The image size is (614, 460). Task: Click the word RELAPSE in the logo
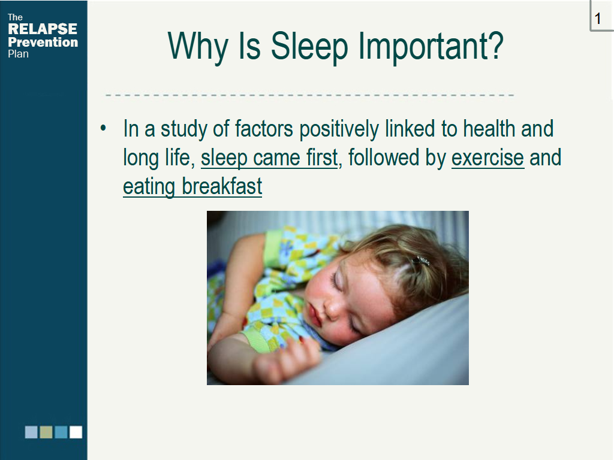click(x=43, y=29)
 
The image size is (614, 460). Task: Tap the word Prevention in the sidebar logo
click(x=43, y=42)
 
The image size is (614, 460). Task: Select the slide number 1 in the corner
click(x=598, y=19)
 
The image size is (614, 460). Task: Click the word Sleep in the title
click(x=309, y=46)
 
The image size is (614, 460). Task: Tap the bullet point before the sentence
click(x=103, y=128)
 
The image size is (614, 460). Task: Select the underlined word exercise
click(x=487, y=158)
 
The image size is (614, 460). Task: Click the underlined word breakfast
click(x=222, y=186)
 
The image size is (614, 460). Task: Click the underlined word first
click(x=322, y=158)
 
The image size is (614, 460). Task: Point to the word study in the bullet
click(x=183, y=130)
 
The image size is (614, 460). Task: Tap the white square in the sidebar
click(x=76, y=432)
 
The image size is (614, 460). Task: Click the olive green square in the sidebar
click(x=46, y=432)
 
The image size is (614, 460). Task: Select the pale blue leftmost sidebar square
click(x=31, y=432)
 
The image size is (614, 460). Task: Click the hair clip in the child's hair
click(x=421, y=261)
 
